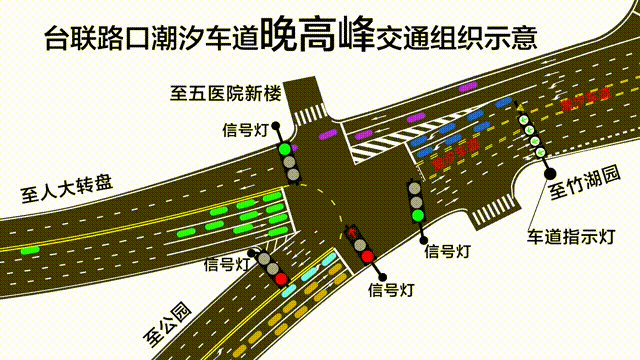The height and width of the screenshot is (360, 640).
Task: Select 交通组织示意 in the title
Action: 456,39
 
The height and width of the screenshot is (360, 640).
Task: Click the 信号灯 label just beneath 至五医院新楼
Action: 247,129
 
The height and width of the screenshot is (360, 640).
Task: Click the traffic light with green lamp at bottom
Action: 416,200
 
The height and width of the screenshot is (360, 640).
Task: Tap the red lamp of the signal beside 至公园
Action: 282,278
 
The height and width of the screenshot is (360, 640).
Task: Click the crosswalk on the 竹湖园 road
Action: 495,209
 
